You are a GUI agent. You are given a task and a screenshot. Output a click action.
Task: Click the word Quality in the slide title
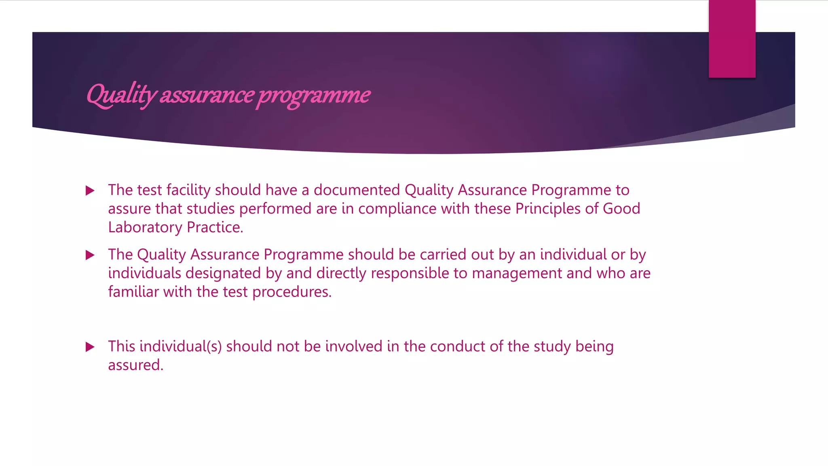pos(121,95)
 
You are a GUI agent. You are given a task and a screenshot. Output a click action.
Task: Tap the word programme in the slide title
pos(314,95)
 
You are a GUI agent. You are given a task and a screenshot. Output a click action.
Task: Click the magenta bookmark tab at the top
pos(732,39)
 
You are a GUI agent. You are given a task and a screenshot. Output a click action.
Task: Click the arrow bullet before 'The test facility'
pos(90,191)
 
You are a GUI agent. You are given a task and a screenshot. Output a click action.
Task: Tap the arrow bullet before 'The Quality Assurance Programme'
pos(90,255)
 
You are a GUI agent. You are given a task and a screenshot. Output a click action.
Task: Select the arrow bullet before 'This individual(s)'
pos(90,347)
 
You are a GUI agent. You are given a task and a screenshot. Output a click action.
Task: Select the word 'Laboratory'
pos(145,227)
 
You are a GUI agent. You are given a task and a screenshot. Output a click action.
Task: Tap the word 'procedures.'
pos(292,292)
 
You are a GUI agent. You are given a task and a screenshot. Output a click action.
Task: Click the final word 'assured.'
pos(136,365)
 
